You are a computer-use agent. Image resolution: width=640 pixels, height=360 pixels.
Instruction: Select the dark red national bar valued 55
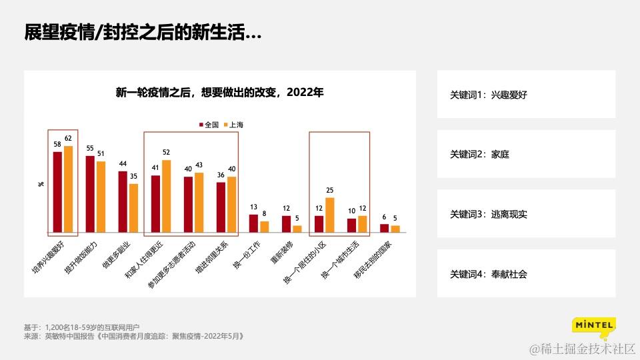click(90, 194)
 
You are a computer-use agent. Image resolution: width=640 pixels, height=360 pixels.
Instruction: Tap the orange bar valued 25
click(329, 215)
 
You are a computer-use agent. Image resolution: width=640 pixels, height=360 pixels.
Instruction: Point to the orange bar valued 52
click(166, 196)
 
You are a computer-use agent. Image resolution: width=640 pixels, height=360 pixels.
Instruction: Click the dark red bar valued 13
click(253, 223)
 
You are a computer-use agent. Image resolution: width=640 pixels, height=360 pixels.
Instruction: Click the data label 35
click(134, 176)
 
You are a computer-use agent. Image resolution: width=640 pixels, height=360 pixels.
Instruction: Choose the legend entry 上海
click(233, 125)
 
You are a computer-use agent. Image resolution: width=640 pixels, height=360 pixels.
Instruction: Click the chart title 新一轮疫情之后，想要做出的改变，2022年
click(219, 93)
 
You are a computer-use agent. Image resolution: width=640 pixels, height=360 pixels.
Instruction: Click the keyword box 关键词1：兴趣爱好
click(527, 95)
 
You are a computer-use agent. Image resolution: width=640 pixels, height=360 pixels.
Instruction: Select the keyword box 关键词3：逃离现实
click(527, 214)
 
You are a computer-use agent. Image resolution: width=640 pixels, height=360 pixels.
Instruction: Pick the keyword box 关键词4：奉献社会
click(527, 273)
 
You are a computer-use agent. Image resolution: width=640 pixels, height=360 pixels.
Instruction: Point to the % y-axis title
click(41, 183)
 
